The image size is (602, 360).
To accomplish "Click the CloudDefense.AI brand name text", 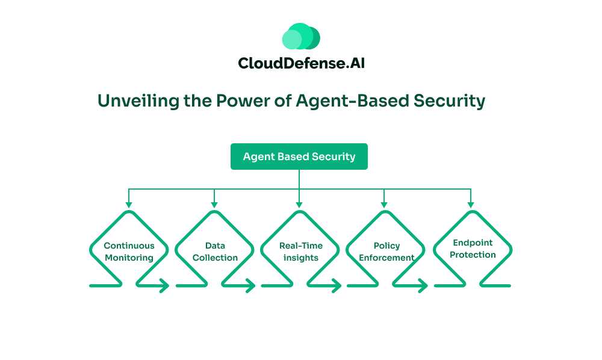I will pos(301,63).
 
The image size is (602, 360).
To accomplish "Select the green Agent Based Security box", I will pos(299,157).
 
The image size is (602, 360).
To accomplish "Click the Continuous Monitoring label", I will pos(129,252).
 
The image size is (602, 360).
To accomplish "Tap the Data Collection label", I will pos(215,252).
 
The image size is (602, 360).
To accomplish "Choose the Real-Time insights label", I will pos(300,252).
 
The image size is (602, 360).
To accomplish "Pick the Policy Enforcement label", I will pos(386,252).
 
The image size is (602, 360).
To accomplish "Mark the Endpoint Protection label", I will pos(473,249).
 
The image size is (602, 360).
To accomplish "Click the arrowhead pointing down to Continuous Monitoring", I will pos(129,205).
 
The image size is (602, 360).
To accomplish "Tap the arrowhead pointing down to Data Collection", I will pos(214,205).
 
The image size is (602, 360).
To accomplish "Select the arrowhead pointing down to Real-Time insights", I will pos(300,205).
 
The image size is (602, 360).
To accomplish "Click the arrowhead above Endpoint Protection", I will pos(471,205).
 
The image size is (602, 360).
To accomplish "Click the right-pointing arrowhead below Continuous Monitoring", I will pos(164,287).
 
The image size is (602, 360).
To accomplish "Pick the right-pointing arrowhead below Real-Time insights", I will pos(336,287).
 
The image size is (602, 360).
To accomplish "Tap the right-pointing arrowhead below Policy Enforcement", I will pos(422,287).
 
